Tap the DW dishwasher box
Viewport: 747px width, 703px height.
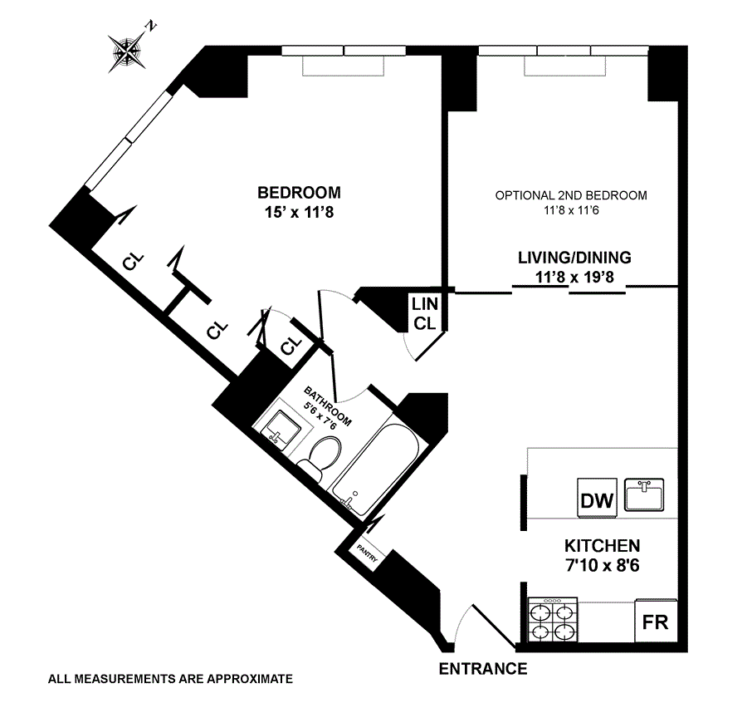(598, 500)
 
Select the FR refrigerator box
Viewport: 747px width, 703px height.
(655, 622)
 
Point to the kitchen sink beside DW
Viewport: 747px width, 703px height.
(644, 495)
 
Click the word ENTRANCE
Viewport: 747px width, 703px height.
(482, 669)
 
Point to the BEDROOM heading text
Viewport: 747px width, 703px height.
(298, 193)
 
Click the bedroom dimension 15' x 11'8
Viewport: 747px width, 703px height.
(298, 212)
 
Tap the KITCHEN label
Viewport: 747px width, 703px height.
(602, 546)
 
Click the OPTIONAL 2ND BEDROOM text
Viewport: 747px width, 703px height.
(570, 196)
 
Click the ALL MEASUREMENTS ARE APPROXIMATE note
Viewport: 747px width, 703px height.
(170, 679)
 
